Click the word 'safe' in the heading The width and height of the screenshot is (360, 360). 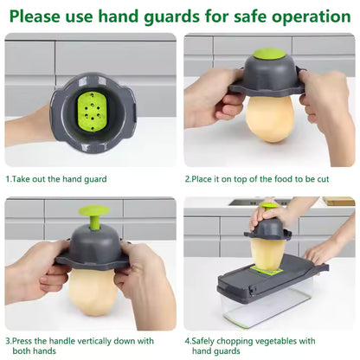coord(247,16)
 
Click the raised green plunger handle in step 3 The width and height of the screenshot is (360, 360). coord(91,217)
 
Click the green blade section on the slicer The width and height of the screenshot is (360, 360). coord(270,272)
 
